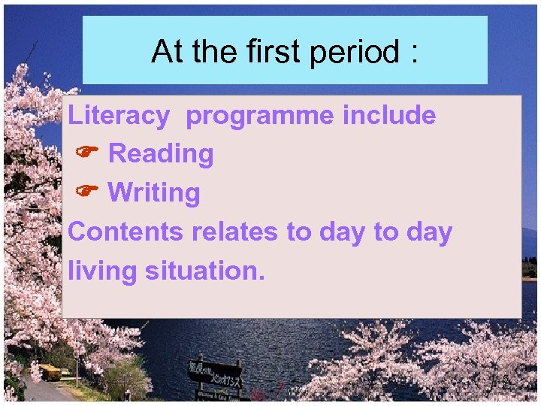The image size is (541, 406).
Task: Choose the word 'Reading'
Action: [161, 154]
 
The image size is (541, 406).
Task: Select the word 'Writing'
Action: [154, 192]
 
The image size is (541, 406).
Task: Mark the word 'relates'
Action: [235, 232]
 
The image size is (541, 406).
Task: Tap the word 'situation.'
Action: [205, 271]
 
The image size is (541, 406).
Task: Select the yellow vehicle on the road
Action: [50, 371]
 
